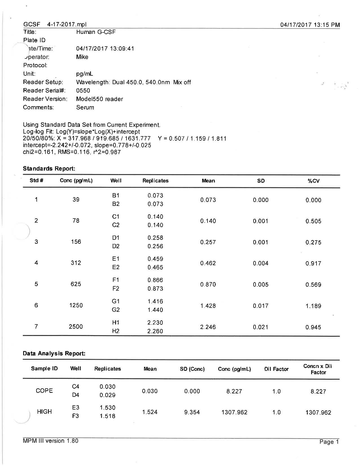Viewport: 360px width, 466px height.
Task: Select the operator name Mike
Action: (x=82, y=57)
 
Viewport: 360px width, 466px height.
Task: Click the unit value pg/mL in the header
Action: (x=84, y=74)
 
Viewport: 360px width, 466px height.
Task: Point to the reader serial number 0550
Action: (x=83, y=91)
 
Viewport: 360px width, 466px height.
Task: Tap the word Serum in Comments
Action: (x=85, y=108)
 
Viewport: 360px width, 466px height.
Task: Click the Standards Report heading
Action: (x=49, y=169)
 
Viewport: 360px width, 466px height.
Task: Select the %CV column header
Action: (x=313, y=181)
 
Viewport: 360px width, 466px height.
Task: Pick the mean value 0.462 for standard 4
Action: (x=208, y=263)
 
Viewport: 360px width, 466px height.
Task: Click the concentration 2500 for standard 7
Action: (x=76, y=327)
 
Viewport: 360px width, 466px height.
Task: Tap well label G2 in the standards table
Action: (x=115, y=310)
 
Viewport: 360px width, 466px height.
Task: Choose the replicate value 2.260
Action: (x=155, y=331)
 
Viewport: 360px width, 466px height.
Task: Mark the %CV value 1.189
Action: (x=313, y=306)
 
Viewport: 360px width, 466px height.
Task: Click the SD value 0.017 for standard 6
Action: (x=260, y=306)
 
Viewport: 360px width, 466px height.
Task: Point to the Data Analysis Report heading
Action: (x=54, y=353)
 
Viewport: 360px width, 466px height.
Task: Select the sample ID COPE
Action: (x=44, y=391)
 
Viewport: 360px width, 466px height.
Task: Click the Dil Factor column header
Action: (x=276, y=369)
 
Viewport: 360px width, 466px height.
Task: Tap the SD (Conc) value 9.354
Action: (x=192, y=412)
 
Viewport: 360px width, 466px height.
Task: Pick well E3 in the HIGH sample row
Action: (x=75, y=408)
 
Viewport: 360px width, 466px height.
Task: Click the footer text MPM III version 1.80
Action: (x=51, y=441)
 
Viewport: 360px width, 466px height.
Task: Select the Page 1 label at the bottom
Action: (x=329, y=442)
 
